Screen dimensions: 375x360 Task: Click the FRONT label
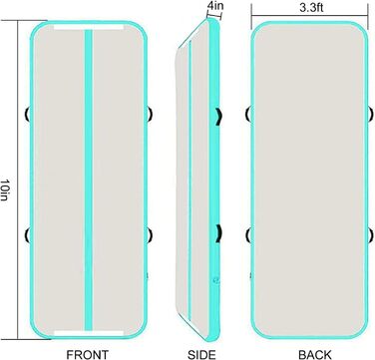click(87, 354)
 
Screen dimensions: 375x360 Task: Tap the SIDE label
click(201, 354)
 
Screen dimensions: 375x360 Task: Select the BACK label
click(314, 354)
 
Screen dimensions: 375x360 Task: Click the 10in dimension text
click(5, 189)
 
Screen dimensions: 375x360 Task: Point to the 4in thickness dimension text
click(214, 5)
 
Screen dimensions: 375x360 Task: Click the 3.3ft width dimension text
click(311, 8)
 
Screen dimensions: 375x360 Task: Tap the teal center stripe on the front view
click(88, 180)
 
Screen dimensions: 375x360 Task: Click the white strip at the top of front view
click(89, 27)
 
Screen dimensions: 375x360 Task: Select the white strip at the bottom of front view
click(89, 333)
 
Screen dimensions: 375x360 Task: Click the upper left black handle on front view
click(27, 114)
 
